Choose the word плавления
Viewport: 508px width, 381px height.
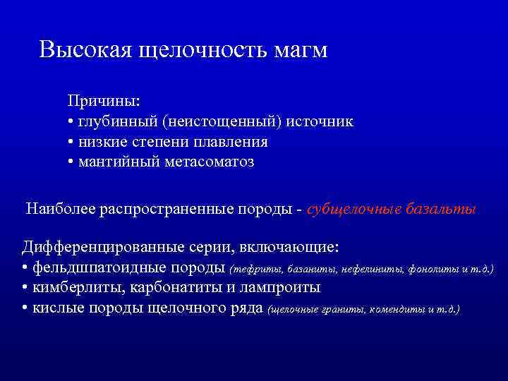tap(232, 142)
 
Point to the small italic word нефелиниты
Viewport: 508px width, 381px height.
tap(368, 270)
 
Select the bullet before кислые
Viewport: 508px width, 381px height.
tap(25, 308)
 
